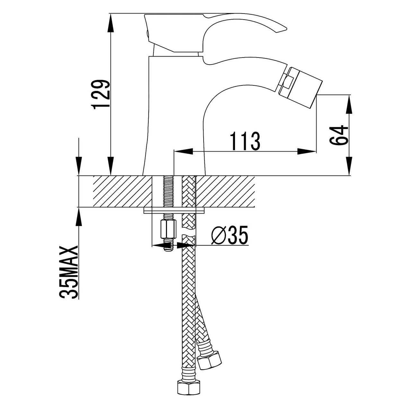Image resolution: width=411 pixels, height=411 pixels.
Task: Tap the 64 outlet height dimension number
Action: click(x=338, y=135)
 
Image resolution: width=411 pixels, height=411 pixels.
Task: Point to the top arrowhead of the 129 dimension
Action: click(x=110, y=23)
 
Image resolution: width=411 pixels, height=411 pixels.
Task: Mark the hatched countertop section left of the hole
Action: click(x=122, y=191)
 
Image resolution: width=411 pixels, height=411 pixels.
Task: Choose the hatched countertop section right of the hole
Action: click(x=225, y=191)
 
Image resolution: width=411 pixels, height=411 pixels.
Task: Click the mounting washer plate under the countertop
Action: click(x=174, y=211)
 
